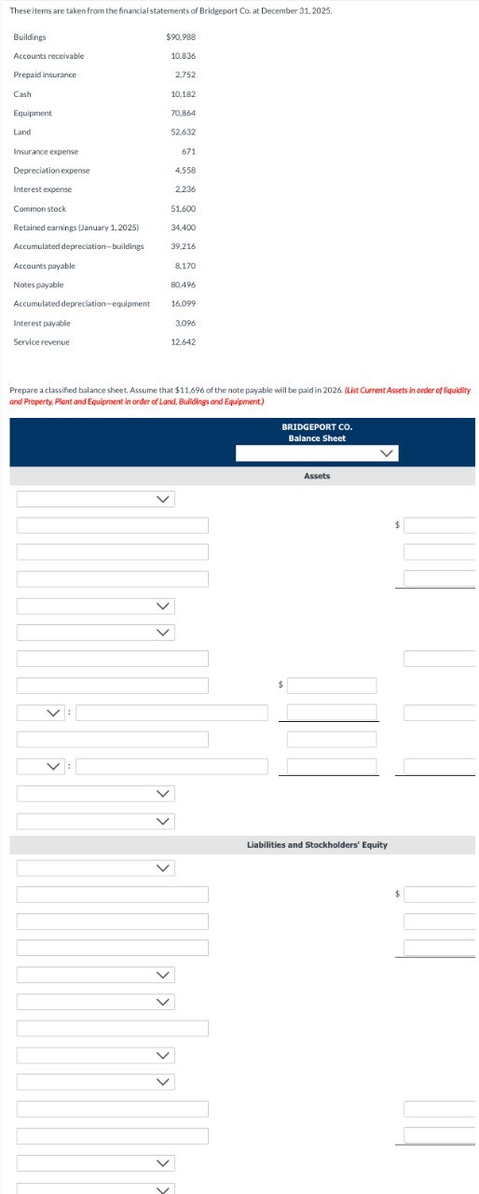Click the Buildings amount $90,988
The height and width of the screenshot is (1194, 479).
point(180,36)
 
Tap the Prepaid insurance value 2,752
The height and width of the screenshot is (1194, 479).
point(185,75)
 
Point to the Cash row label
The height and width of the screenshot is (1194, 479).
point(22,94)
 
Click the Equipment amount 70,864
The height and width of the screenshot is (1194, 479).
point(183,113)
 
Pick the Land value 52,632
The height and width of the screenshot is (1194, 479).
point(183,132)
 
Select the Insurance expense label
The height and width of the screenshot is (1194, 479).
point(46,151)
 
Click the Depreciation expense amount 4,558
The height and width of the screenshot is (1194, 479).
point(185,171)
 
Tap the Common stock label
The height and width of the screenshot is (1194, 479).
point(40,208)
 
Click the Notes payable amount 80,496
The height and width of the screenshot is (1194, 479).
point(183,285)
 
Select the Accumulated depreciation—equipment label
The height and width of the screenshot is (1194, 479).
point(82,303)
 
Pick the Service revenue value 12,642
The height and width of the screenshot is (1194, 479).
point(183,341)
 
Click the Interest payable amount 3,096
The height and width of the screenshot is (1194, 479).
point(185,323)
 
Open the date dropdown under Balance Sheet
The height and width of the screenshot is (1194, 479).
point(317,453)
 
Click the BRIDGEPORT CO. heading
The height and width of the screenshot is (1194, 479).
point(317,426)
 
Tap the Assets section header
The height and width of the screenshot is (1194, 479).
point(317,476)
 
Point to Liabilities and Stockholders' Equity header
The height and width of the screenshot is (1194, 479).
point(317,845)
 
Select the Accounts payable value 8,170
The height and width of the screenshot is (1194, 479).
point(185,266)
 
